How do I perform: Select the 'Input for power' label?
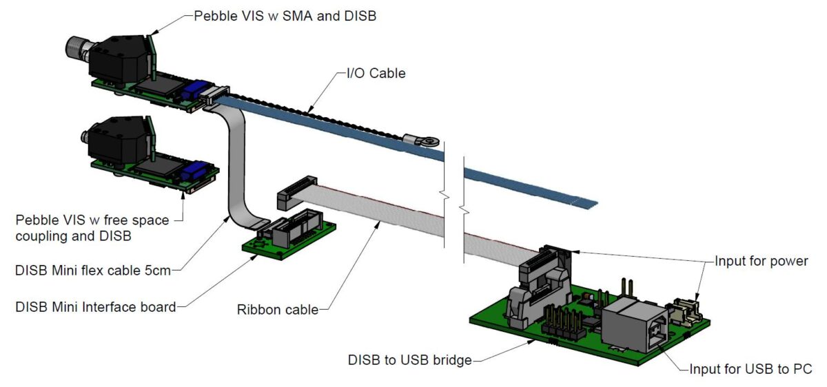point(760,261)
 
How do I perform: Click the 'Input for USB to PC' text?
point(751,369)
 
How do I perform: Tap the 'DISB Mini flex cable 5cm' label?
point(93,270)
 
